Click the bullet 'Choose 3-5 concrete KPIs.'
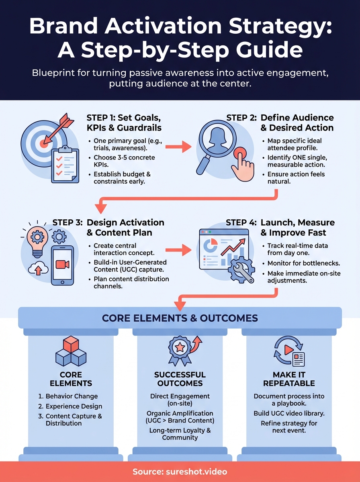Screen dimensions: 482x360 click(x=124, y=161)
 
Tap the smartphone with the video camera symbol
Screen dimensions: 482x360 click(x=62, y=266)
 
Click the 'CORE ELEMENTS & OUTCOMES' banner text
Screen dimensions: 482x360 click(x=180, y=318)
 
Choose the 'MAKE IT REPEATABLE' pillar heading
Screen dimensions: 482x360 click(x=289, y=378)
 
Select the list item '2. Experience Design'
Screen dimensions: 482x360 click(x=70, y=406)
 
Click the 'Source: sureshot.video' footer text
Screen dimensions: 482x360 click(x=180, y=472)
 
